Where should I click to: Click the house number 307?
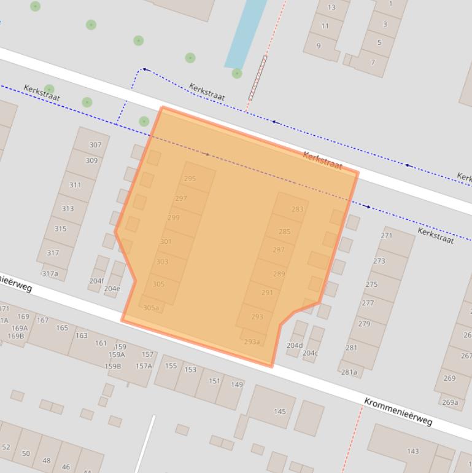click(x=95, y=146)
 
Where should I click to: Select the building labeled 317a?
click(x=50, y=273)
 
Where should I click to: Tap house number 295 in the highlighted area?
click(x=190, y=179)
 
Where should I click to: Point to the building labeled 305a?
click(x=151, y=308)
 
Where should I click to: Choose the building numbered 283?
click(x=297, y=209)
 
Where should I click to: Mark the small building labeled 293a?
click(x=252, y=342)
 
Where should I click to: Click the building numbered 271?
click(x=386, y=235)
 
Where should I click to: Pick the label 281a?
click(x=349, y=372)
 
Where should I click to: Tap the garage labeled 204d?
click(x=295, y=345)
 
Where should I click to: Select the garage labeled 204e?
click(x=112, y=288)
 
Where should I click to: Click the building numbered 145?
click(x=280, y=412)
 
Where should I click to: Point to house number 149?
click(x=237, y=385)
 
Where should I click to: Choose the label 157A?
click(x=144, y=366)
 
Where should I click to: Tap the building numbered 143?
click(x=412, y=451)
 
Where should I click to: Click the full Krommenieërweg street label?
click(x=398, y=412)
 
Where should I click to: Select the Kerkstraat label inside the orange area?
click(x=322, y=161)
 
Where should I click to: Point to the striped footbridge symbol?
click(x=257, y=77)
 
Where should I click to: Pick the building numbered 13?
click(x=331, y=7)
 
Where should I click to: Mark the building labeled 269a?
click(x=450, y=402)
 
